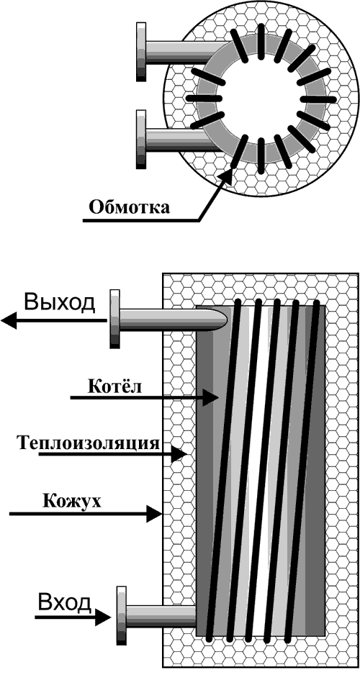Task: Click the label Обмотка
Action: [129, 207]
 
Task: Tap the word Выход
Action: [59, 303]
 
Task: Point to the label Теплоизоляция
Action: [89, 443]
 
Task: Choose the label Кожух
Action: [72, 500]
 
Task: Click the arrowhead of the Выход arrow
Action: [9, 320]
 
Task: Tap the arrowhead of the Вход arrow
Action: [104, 617]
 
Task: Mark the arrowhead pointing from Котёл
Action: [211, 398]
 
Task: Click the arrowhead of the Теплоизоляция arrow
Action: [179, 454]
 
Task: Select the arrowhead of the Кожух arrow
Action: [154, 513]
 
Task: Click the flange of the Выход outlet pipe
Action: [114, 319]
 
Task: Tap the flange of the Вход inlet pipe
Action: [121, 615]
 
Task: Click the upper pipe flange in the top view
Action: [141, 52]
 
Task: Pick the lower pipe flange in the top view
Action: [141, 139]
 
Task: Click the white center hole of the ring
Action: [261, 99]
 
